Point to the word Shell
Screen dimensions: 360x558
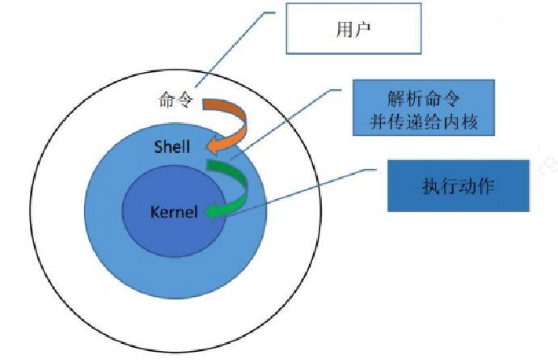pyautogui.click(x=171, y=147)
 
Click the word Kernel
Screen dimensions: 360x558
pyautogui.click(x=173, y=212)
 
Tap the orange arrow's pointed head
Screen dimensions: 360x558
pyautogui.click(x=212, y=148)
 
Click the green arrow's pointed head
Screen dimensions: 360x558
pyautogui.click(x=211, y=212)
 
